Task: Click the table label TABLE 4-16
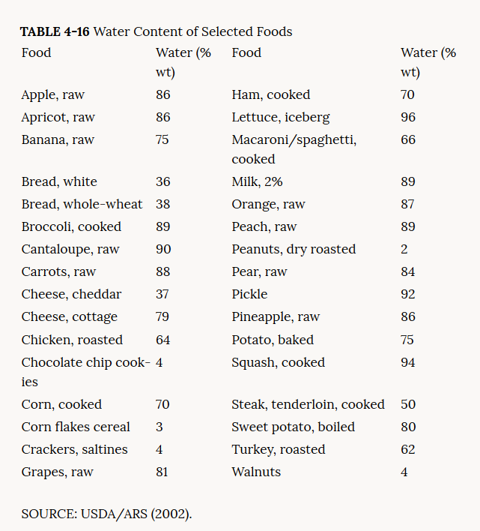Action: (x=55, y=31)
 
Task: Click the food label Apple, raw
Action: (x=53, y=94)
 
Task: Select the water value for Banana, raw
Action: (x=162, y=139)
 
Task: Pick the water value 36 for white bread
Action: (x=162, y=181)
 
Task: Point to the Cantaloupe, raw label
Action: (x=70, y=249)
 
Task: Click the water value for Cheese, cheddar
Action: (x=162, y=294)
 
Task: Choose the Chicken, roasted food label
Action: (x=72, y=340)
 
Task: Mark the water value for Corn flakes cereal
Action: (x=160, y=427)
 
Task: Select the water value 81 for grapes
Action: (x=162, y=472)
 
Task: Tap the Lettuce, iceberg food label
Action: (x=280, y=117)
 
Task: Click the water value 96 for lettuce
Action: (x=408, y=117)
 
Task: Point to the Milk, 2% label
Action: (x=257, y=181)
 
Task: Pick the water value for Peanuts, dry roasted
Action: (x=404, y=249)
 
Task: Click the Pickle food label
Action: (x=249, y=294)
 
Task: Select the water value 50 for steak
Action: (x=408, y=404)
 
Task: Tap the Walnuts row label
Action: (x=256, y=472)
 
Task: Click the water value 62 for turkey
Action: (x=408, y=449)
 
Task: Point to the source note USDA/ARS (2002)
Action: (x=107, y=514)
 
